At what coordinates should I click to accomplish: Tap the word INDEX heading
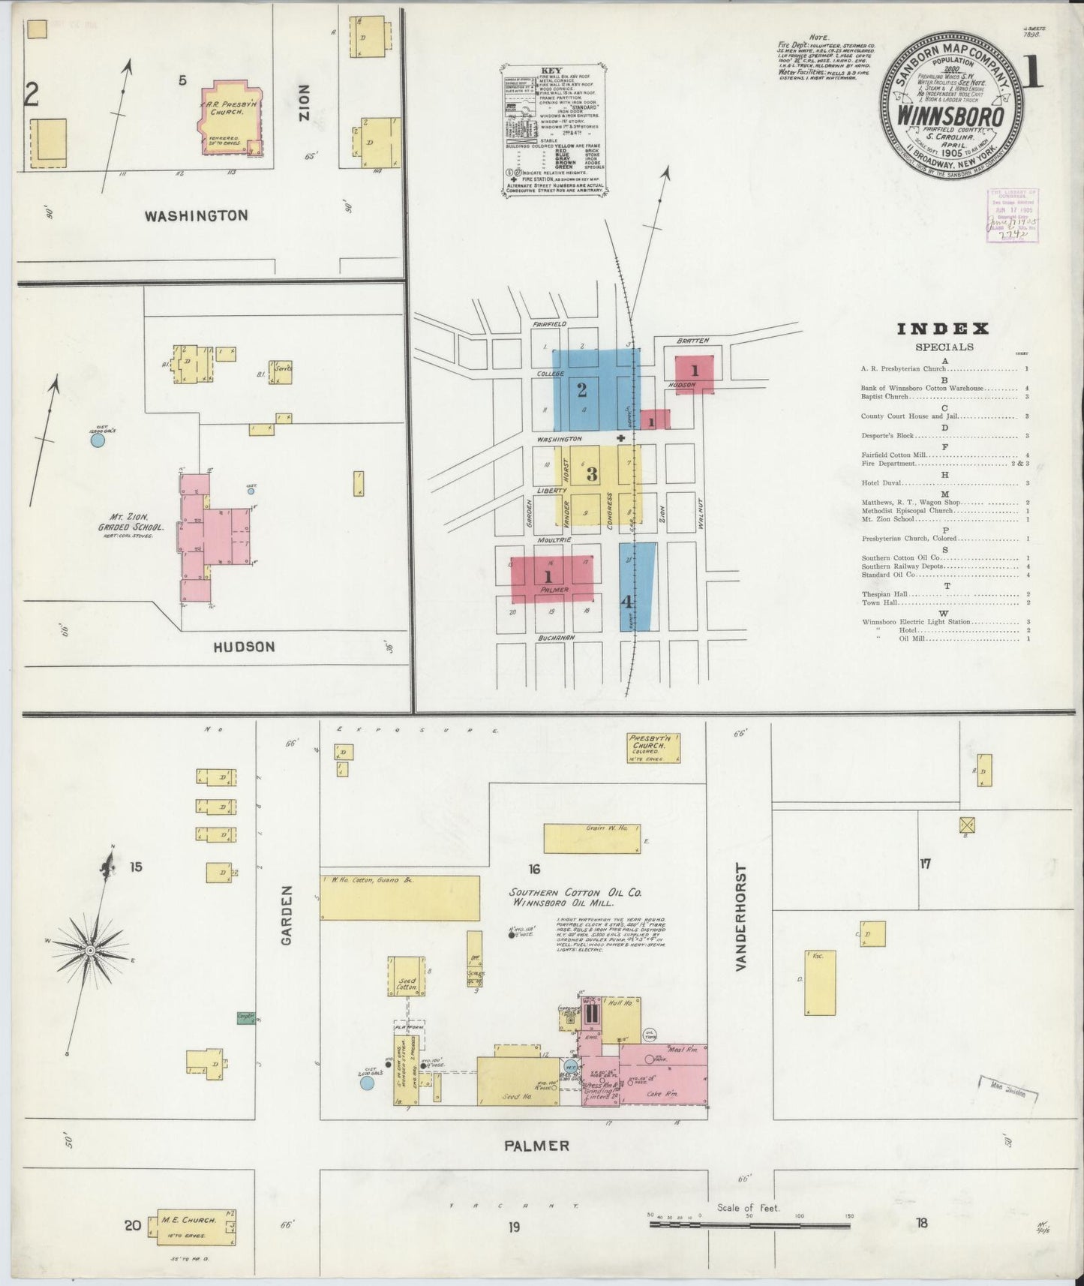coord(943,329)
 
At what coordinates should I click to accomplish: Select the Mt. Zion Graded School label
coord(135,522)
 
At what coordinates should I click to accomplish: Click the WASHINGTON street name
coord(196,216)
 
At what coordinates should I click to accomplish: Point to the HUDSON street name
coord(244,647)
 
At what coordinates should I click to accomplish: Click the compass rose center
coord(90,951)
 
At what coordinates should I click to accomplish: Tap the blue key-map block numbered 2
coord(582,389)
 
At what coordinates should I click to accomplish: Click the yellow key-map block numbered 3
coord(592,473)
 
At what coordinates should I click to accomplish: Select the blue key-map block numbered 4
coord(638,587)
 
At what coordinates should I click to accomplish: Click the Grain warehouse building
coord(592,838)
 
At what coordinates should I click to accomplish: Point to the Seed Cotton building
coord(406,975)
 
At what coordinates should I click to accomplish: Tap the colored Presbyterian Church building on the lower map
coord(654,748)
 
